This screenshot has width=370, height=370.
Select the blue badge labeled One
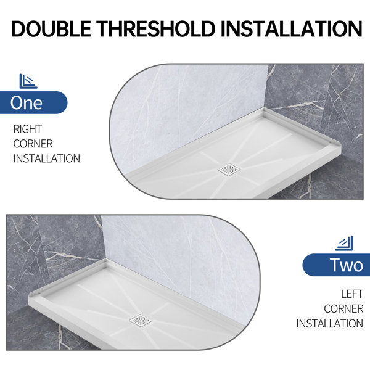[x=28, y=102]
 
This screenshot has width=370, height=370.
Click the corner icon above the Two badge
[x=343, y=244]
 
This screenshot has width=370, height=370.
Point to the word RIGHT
[x=28, y=129]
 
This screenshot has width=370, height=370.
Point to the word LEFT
[x=351, y=294]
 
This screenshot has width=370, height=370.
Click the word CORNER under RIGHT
[x=33, y=144]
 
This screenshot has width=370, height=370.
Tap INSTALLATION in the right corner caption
[x=47, y=158]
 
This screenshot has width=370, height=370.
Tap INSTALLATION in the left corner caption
[x=329, y=323]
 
